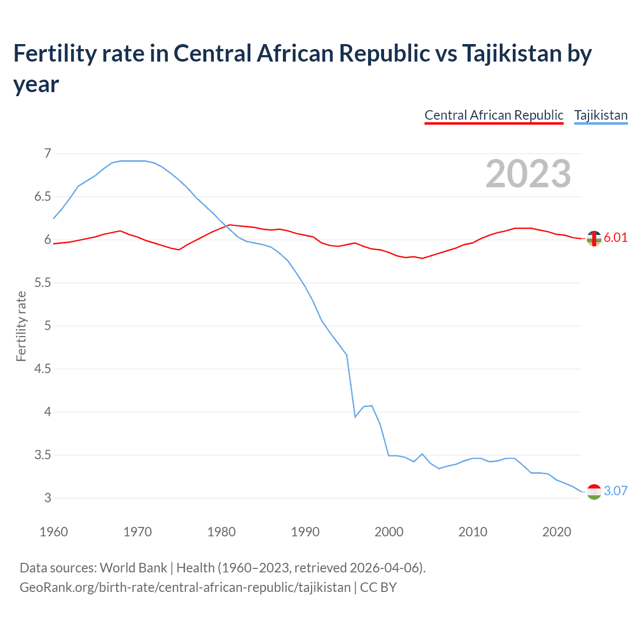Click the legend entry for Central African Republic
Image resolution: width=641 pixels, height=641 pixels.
click(x=494, y=115)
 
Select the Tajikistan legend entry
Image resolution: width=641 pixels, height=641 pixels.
click(x=600, y=115)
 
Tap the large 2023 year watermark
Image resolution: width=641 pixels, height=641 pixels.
click(x=528, y=173)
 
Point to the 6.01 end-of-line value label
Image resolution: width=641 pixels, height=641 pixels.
click(x=615, y=237)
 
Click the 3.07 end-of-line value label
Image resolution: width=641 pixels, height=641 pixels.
click(x=615, y=491)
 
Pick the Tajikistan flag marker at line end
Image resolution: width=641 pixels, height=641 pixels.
click(x=594, y=492)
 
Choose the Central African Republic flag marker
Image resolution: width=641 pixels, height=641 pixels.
click(x=594, y=239)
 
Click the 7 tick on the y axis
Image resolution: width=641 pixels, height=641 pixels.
click(x=48, y=153)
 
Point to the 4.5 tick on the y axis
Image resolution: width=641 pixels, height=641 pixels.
click(x=43, y=369)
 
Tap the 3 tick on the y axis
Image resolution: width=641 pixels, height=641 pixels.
click(x=48, y=498)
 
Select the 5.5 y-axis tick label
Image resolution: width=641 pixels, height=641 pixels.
click(x=43, y=283)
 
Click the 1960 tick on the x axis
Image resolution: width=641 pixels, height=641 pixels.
click(x=54, y=532)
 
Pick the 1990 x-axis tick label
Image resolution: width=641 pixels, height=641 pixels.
click(x=305, y=532)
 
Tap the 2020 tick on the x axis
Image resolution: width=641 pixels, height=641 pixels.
click(x=556, y=532)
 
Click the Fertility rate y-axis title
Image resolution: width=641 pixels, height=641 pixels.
click(x=21, y=326)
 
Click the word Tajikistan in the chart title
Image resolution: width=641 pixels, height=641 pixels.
click(x=511, y=53)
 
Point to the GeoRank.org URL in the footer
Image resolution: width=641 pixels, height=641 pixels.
click(x=185, y=587)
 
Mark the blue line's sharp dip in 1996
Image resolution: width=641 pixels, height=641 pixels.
click(x=355, y=417)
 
